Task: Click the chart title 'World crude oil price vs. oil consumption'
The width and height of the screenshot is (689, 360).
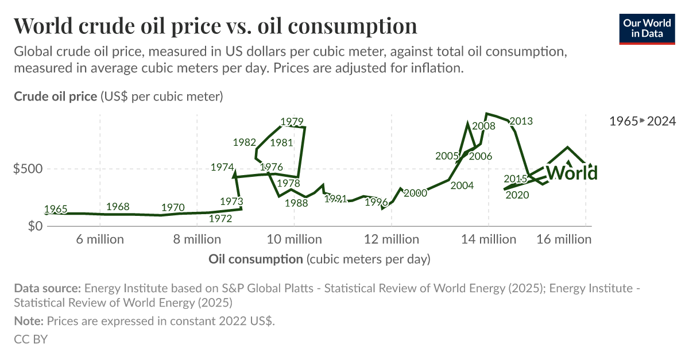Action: click(215, 26)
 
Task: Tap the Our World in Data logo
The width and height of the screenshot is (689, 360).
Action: click(647, 28)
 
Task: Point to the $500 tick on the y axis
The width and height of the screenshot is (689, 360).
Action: click(27, 169)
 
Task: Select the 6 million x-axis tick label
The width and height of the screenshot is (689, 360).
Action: click(100, 239)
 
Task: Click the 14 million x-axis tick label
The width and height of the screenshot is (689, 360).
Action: click(489, 239)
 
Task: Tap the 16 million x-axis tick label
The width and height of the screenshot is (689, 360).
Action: click(564, 239)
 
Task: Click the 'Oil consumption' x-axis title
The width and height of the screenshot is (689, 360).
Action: click(256, 260)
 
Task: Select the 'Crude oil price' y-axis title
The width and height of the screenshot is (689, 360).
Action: click(56, 96)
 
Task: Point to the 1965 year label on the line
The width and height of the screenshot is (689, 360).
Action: click(55, 208)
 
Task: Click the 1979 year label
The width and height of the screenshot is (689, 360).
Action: click(292, 122)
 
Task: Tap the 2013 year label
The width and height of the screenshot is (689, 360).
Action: click(521, 121)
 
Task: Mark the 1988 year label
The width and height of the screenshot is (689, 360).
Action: click(296, 203)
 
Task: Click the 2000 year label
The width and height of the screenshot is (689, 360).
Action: click(415, 193)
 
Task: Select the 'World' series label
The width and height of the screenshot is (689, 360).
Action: click(571, 172)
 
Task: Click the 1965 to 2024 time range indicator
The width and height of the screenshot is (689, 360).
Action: click(642, 121)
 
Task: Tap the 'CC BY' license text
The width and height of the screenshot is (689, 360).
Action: click(30, 339)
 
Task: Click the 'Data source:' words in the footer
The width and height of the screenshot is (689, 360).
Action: click(48, 288)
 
